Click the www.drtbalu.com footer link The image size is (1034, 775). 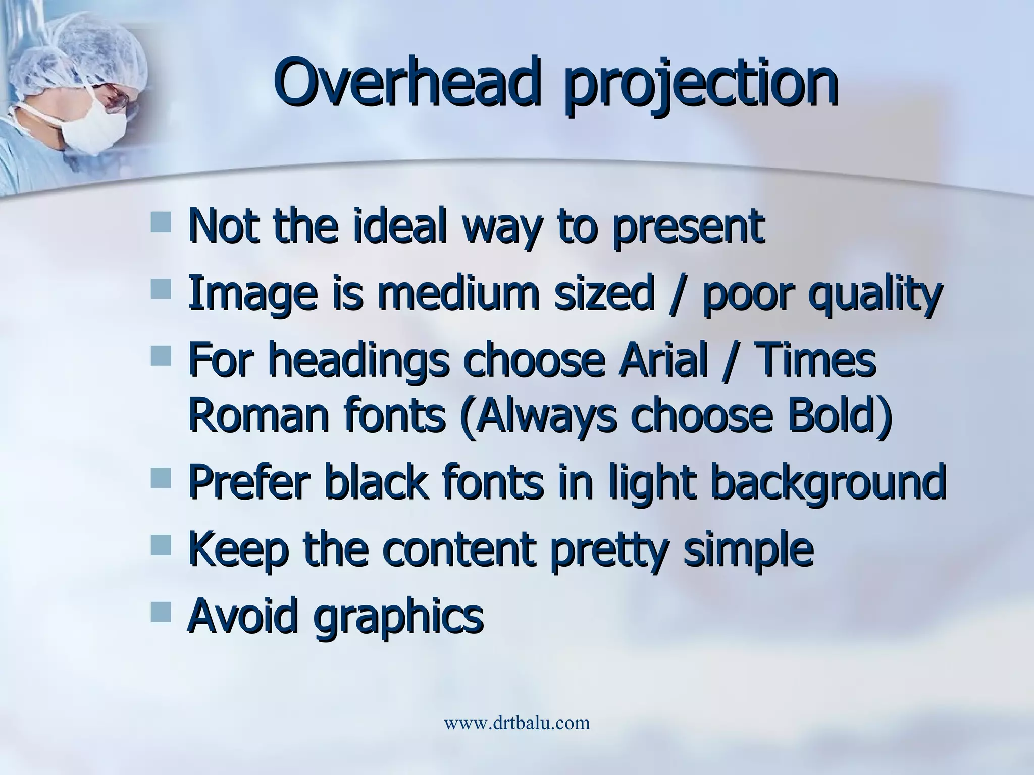516,723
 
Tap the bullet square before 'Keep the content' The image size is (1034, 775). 161,544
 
